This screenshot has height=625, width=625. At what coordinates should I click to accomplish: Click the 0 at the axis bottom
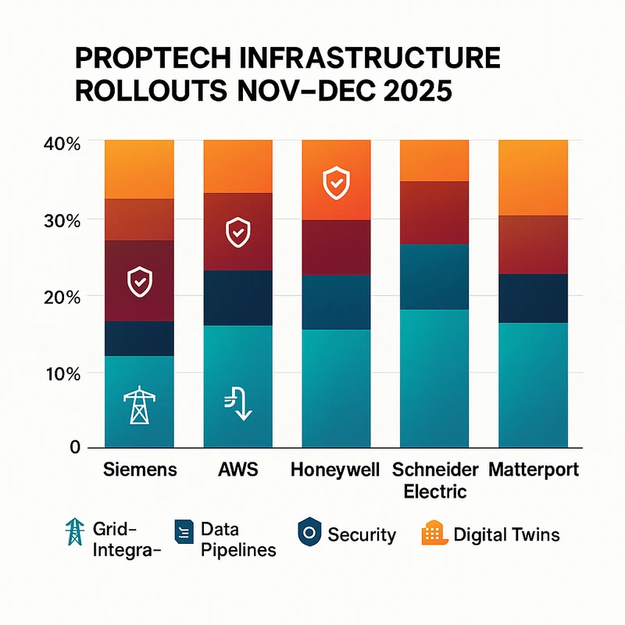click(x=75, y=448)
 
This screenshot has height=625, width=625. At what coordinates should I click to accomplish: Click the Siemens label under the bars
click(x=140, y=470)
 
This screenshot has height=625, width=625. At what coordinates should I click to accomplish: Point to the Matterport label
click(x=534, y=470)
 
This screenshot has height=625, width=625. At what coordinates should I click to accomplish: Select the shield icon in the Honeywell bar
click(x=335, y=184)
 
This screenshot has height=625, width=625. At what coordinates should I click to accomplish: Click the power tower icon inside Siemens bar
click(x=139, y=405)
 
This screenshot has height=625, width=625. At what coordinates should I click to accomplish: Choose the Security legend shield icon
click(x=309, y=535)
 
